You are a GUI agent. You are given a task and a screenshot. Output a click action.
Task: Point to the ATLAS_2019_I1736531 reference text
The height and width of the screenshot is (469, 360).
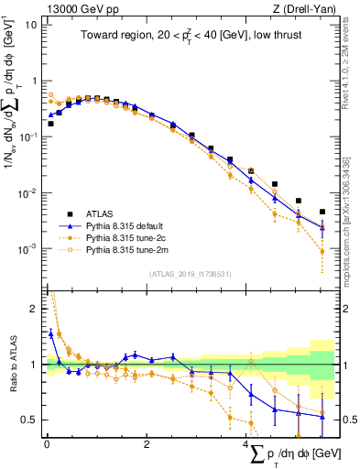point(190,274)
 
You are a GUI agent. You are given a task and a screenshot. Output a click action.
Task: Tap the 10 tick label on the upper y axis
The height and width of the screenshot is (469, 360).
point(30,25)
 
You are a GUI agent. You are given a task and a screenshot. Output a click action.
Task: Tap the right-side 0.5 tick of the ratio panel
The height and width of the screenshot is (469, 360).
point(346,420)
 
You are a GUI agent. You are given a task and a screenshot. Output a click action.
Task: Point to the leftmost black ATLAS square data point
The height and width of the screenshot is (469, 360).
point(50,123)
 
